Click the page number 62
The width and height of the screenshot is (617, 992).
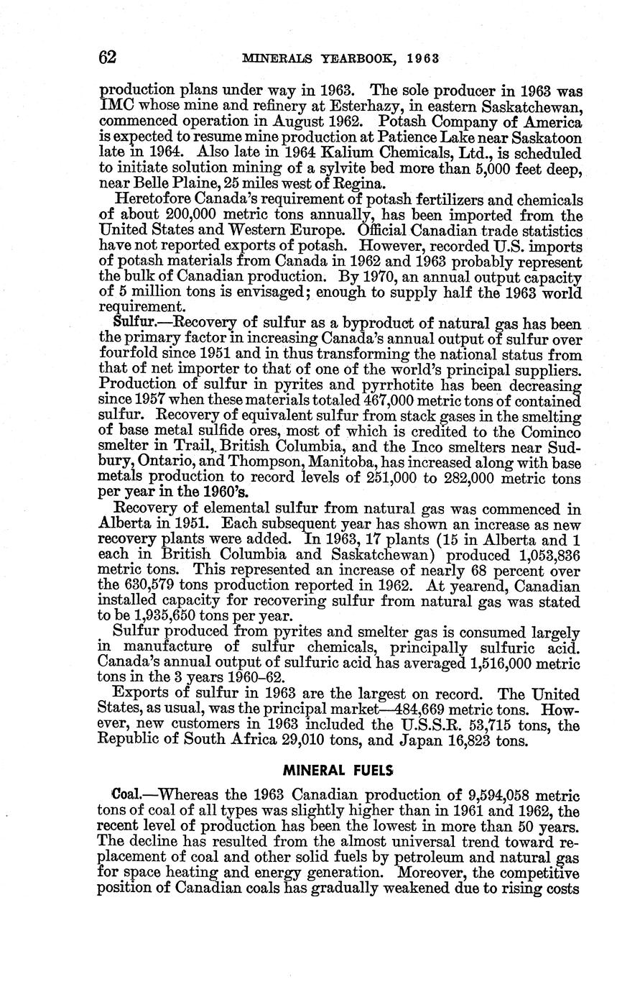pyautogui.click(x=107, y=58)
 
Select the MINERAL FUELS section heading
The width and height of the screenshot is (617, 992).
pyautogui.click(x=338, y=770)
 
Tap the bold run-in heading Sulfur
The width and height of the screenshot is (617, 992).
pyautogui.click(x=131, y=324)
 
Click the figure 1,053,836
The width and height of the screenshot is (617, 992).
pyautogui.click(x=547, y=557)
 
